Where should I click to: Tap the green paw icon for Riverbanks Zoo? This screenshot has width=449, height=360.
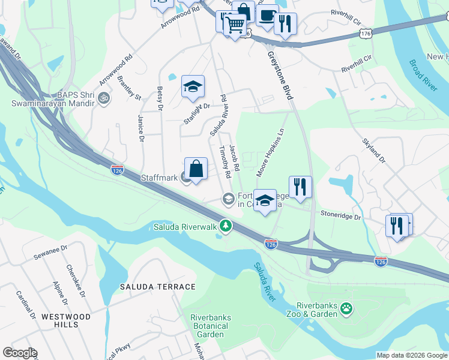tap(346, 309)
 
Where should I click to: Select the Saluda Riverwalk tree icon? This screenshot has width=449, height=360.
tap(226, 226)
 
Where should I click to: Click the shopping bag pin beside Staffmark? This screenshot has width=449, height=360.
tap(196, 169)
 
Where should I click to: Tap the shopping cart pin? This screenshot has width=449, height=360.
tap(235, 25)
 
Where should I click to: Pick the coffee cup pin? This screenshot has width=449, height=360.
tap(267, 14)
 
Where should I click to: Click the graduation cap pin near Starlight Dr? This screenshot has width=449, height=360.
tap(193, 87)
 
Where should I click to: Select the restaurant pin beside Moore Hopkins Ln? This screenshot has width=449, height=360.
tap(300, 187)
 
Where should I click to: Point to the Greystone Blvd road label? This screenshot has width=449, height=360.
tap(280, 77)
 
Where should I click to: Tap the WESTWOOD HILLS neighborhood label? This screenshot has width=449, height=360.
tap(67, 320)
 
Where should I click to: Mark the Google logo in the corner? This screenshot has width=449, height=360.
tap(20, 353)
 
